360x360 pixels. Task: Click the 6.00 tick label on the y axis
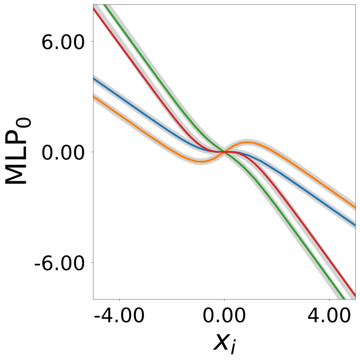click(x=64, y=42)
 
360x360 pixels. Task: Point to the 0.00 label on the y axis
click(x=64, y=152)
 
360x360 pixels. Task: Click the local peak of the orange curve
click(x=248, y=142)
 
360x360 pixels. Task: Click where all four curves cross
click(x=224, y=152)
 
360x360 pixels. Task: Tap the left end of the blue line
click(x=94, y=79)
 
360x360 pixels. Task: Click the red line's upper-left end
click(x=94, y=8)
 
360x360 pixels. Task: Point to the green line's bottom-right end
click(x=344, y=298)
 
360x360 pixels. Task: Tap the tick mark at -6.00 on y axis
click(x=92, y=262)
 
